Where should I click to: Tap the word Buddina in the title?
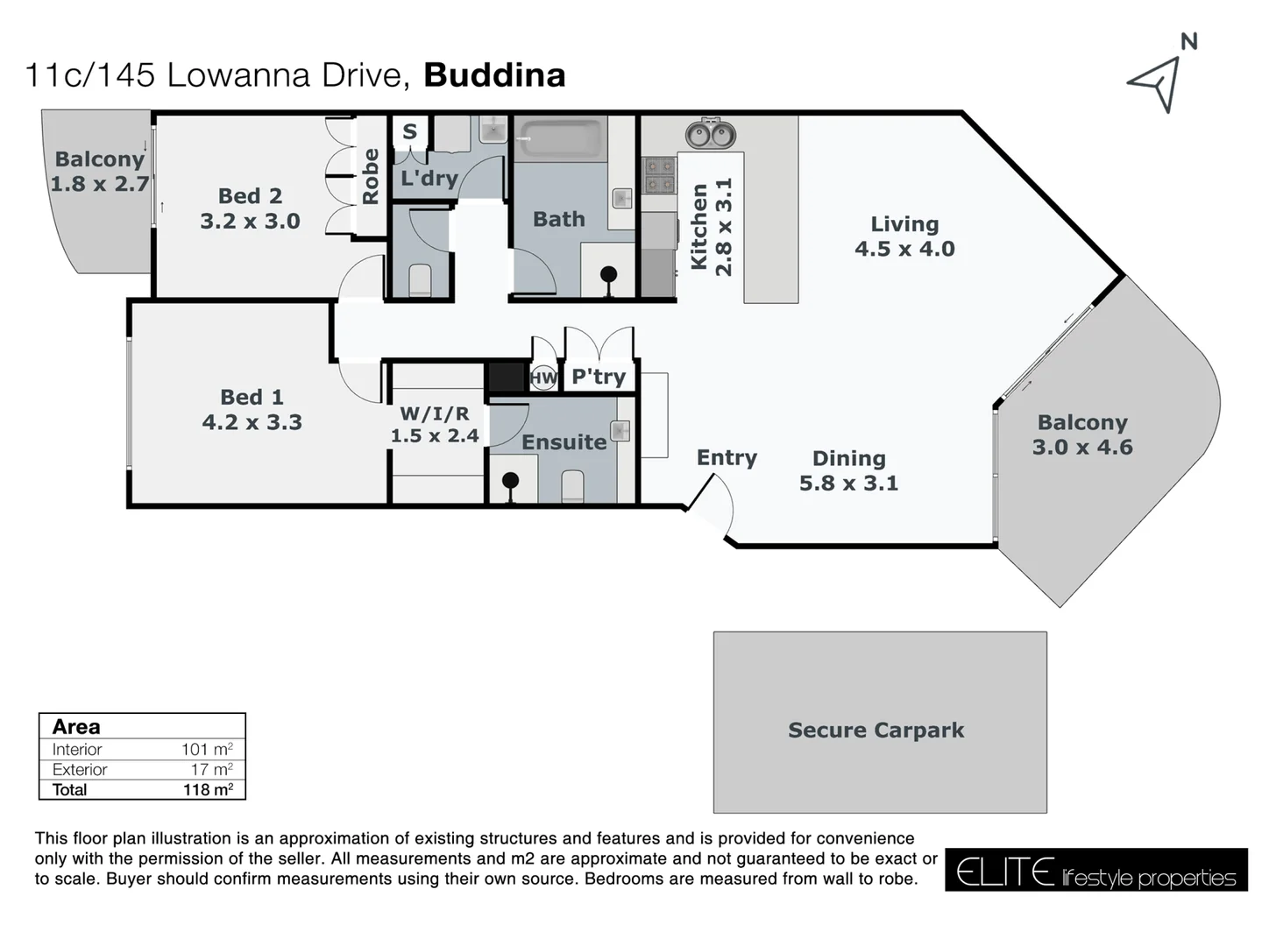(494, 75)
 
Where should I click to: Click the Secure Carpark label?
(876, 730)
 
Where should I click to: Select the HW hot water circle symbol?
(543, 378)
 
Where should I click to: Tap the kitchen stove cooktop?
(658, 175)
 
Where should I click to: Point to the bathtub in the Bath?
(561, 139)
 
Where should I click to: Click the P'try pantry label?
(599, 377)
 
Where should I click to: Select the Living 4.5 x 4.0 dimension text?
(904, 249)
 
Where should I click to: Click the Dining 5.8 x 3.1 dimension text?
(848, 483)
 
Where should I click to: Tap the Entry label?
(727, 457)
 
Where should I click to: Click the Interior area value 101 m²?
(207, 749)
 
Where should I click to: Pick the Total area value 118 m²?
(208, 789)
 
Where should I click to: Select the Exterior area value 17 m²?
(212, 769)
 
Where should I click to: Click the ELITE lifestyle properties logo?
(1095, 871)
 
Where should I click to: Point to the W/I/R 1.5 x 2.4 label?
(435, 425)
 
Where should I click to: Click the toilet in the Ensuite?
(572, 486)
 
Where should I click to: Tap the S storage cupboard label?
(409, 132)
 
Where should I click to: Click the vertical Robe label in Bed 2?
(370, 176)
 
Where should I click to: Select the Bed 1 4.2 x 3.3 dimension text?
(252, 421)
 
